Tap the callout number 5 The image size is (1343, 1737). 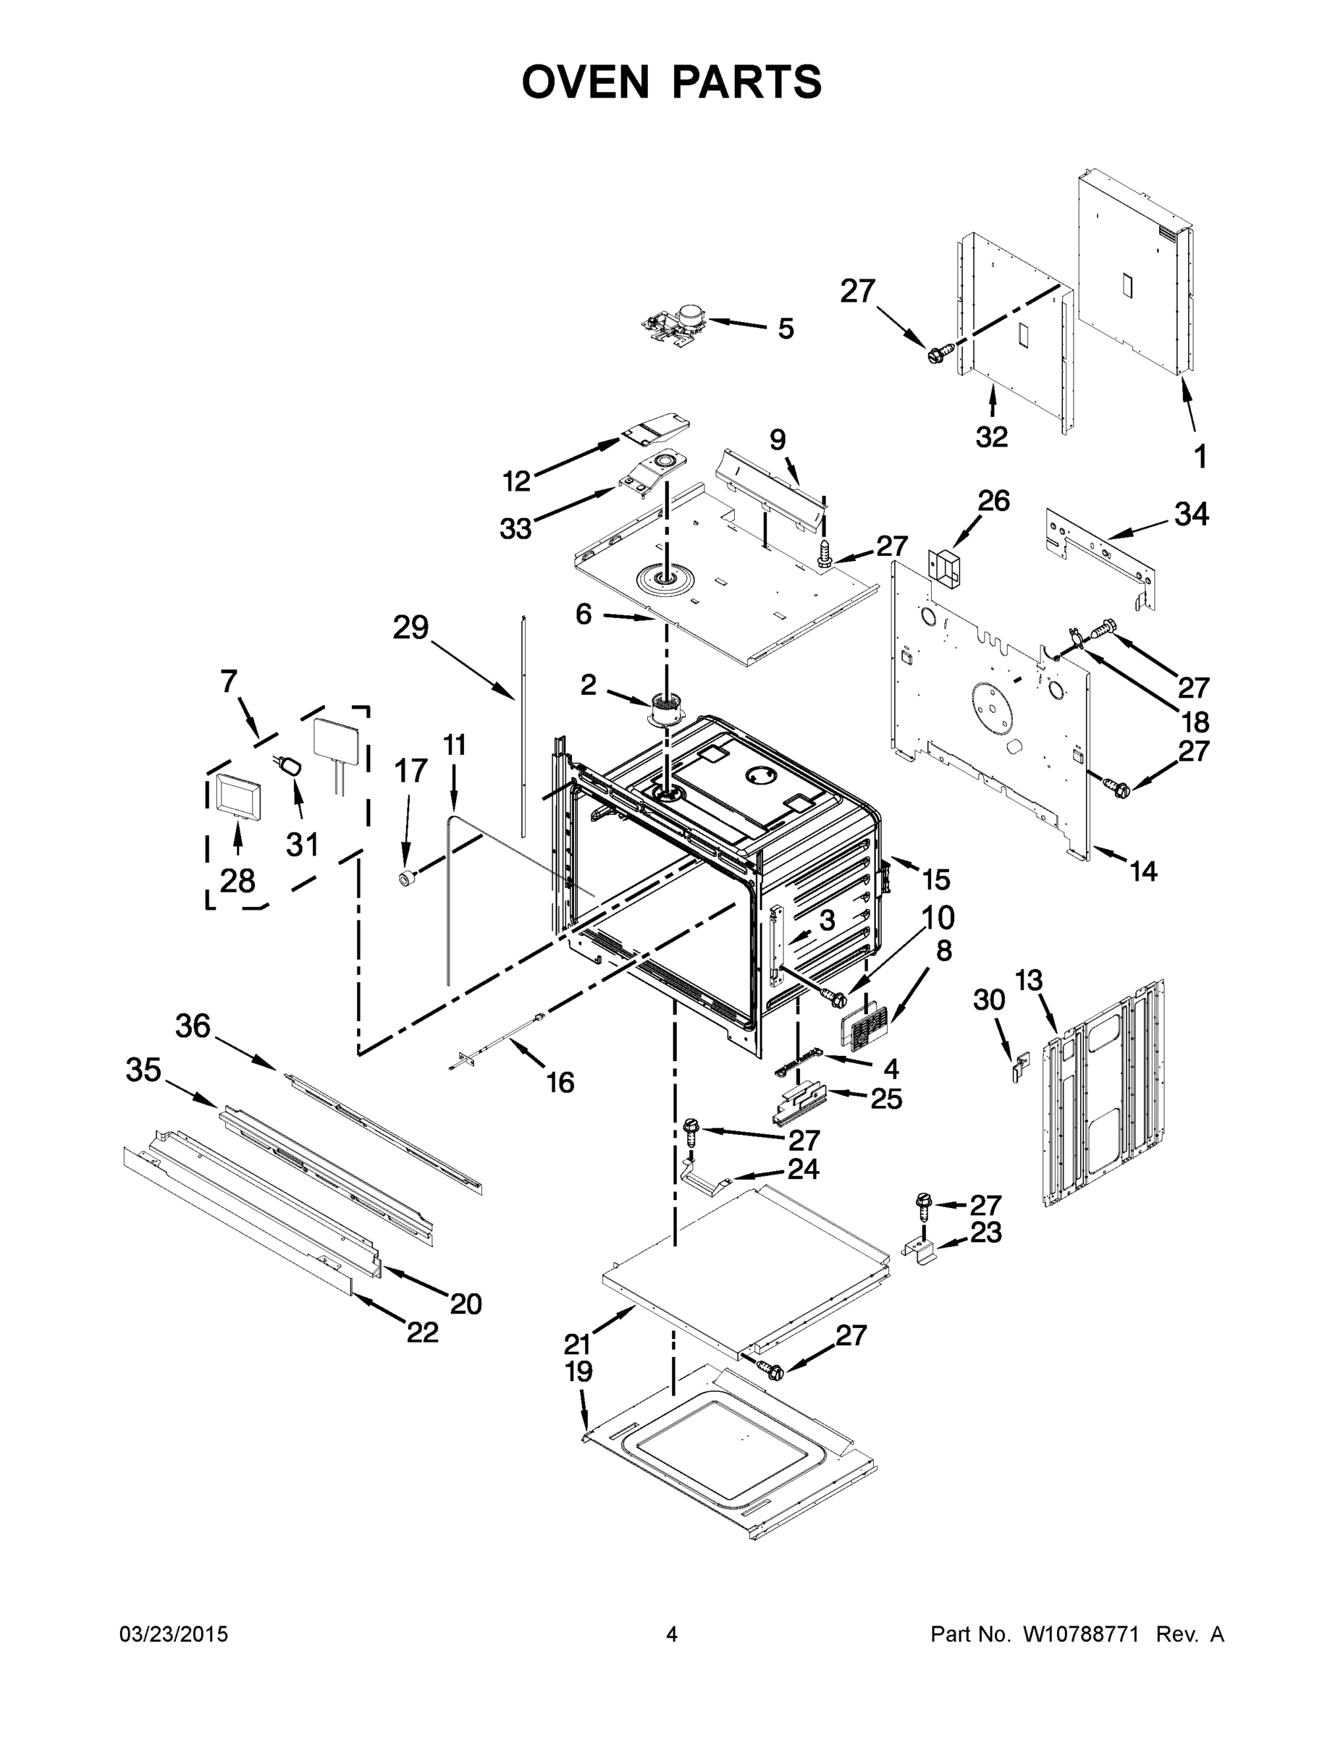pyautogui.click(x=786, y=329)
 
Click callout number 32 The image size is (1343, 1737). pyautogui.click(x=991, y=436)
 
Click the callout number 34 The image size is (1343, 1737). pyautogui.click(x=1191, y=515)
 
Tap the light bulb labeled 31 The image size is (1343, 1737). pyautogui.click(x=291, y=766)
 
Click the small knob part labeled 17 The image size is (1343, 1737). pyautogui.click(x=408, y=878)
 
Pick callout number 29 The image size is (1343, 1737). pyautogui.click(x=411, y=628)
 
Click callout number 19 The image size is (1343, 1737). pyautogui.click(x=578, y=1372)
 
